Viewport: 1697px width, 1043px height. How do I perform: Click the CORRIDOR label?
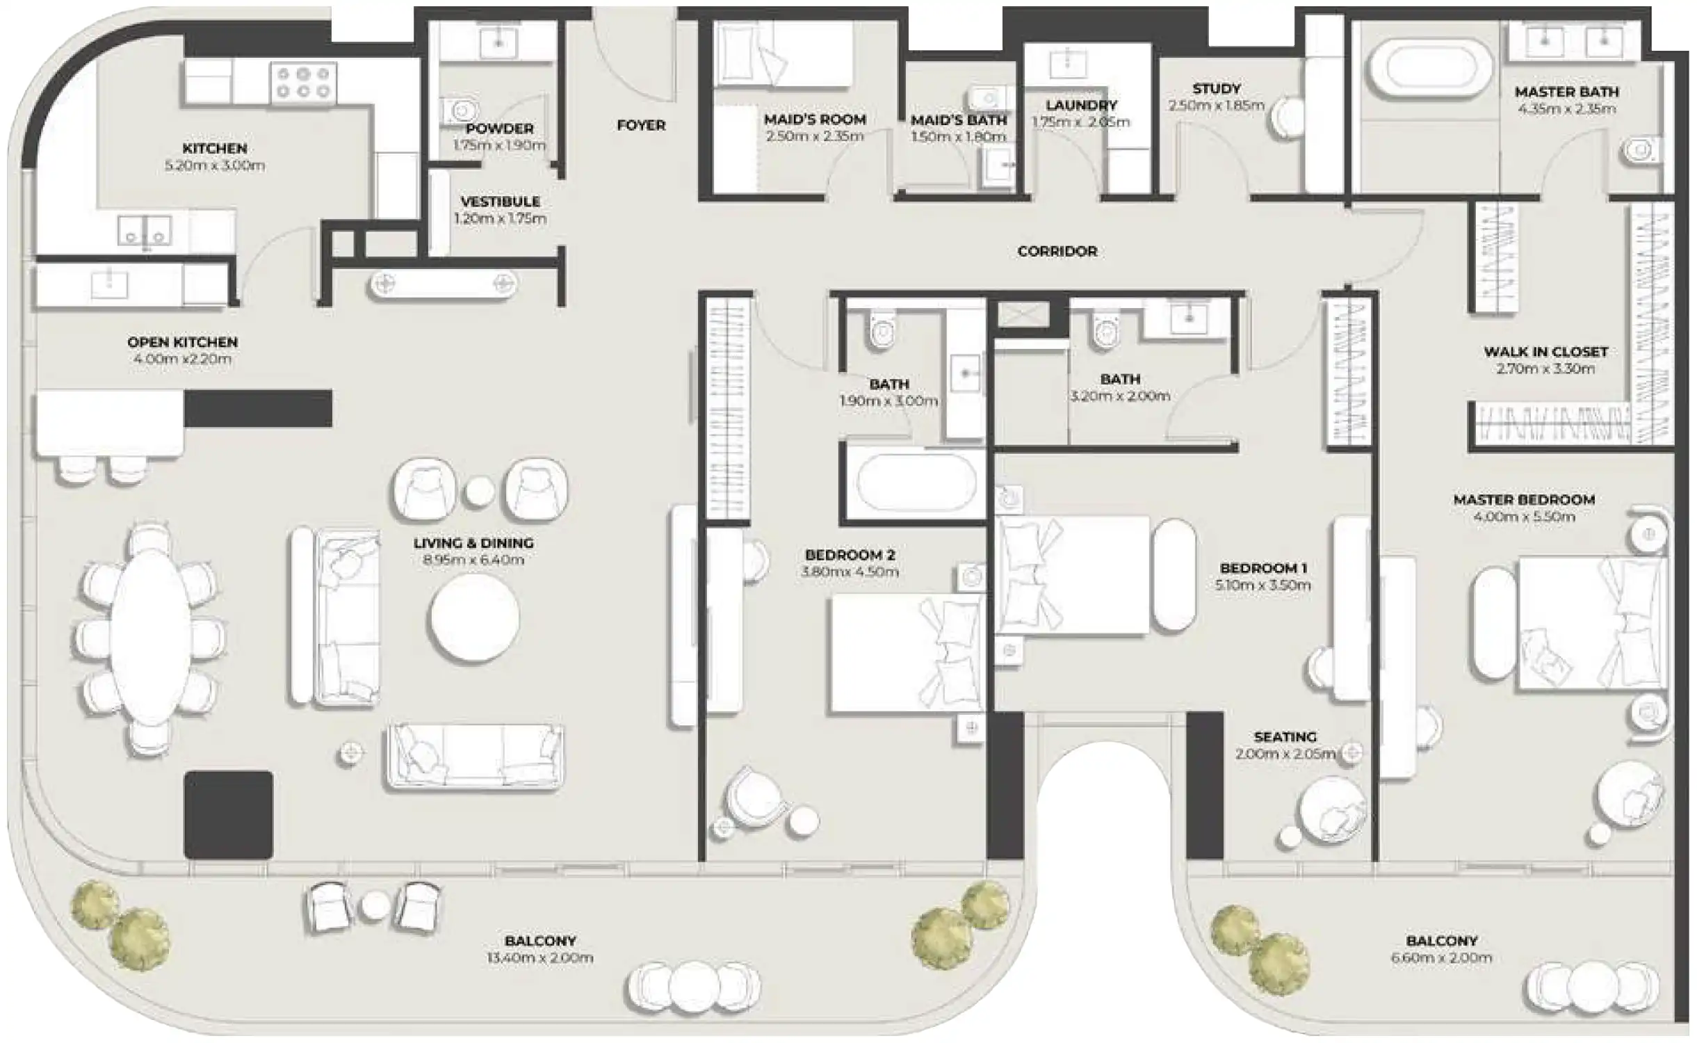point(1057,251)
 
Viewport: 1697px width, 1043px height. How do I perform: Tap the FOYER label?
point(641,125)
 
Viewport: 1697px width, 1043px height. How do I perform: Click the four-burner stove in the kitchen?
point(303,82)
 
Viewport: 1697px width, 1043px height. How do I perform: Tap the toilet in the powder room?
point(460,110)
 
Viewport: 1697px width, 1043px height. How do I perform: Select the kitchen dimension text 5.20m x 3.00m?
point(215,165)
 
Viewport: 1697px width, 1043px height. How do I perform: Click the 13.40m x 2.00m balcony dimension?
point(540,957)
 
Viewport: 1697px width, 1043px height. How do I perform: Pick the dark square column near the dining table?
point(228,814)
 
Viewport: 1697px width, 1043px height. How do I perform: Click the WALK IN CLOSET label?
point(1546,352)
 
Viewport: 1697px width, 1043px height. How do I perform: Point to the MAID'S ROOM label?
point(815,120)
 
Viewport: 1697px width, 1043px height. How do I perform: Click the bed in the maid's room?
point(783,54)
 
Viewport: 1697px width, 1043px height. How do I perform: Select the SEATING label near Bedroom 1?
point(1285,736)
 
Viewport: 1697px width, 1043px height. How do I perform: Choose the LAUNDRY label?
point(1081,105)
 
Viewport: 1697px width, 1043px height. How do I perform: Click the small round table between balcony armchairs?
point(375,906)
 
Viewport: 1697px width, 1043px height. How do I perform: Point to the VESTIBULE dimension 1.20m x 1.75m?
point(500,218)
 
